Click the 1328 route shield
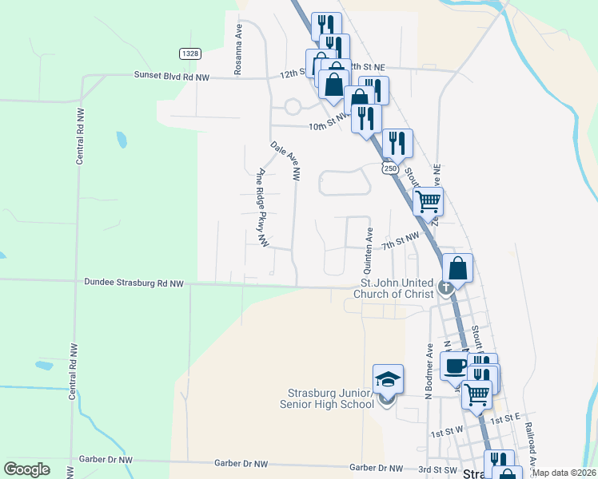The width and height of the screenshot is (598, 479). coord(189,53)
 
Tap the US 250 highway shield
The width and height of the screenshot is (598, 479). coord(389,168)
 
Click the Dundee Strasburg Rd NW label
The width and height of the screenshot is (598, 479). coord(134,283)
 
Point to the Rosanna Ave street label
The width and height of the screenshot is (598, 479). coord(237,54)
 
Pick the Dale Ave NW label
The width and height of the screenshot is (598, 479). coord(285,159)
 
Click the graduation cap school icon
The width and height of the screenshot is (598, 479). coord(388,379)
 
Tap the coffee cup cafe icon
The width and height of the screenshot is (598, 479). coord(455,366)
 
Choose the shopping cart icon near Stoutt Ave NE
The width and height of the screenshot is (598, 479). coord(428,201)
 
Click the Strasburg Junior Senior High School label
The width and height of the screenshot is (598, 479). coord(331,398)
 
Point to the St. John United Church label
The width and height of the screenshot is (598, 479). coord(397,288)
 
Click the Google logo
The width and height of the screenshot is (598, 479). coord(27,469)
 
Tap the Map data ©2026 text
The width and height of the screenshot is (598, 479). coord(564,473)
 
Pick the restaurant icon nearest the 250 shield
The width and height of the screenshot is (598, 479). coord(397,144)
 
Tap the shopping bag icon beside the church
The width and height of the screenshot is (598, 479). coord(457,267)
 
